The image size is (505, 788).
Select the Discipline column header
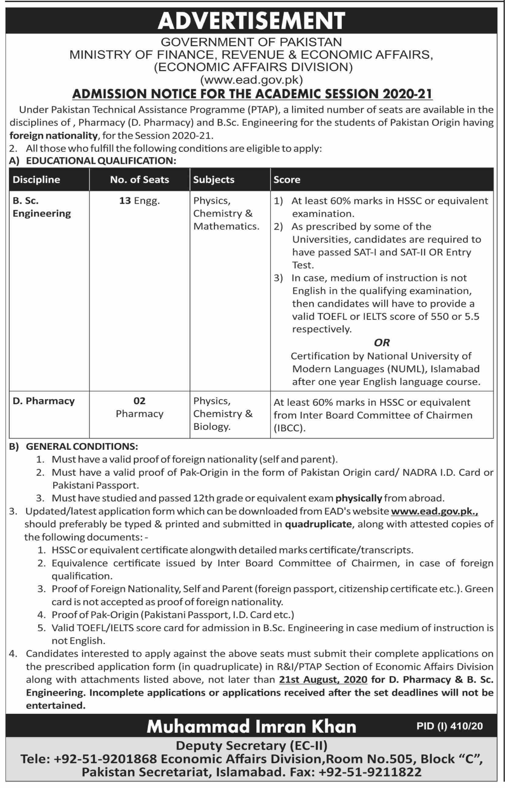(36, 180)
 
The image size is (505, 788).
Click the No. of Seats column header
(140, 180)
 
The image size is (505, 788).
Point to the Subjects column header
(214, 180)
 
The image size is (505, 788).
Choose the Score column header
(287, 180)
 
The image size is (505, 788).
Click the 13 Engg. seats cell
(139, 201)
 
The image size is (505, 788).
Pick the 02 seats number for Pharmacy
(139, 401)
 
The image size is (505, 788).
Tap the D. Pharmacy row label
(43, 401)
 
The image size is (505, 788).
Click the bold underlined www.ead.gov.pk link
(434, 511)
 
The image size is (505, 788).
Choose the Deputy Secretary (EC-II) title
(251, 746)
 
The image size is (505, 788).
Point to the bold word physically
(359, 498)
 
